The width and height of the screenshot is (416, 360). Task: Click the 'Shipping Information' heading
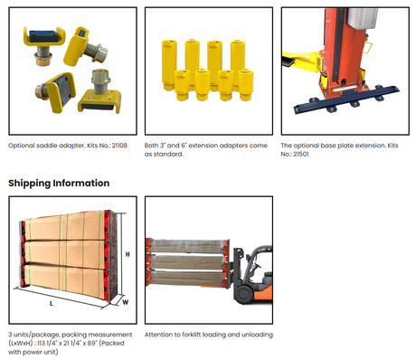tap(59, 183)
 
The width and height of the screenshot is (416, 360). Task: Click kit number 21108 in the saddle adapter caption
tap(119, 146)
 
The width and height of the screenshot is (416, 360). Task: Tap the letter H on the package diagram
tap(128, 254)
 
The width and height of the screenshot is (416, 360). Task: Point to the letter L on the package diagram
tap(52, 303)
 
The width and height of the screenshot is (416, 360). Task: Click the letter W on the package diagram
tap(126, 302)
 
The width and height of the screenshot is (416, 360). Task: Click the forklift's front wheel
tap(244, 294)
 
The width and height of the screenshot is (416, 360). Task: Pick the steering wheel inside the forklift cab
tap(257, 267)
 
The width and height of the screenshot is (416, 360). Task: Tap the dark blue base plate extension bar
tap(346, 100)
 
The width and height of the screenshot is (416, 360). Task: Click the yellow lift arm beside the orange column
tap(301, 62)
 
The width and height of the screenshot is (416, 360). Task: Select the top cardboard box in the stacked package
tap(65, 226)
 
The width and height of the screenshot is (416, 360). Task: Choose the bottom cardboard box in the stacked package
tap(65, 281)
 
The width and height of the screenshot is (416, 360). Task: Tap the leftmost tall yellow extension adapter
tap(169, 65)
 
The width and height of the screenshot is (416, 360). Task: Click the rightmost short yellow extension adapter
tap(246, 85)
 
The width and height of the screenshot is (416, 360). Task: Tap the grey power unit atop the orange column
tap(362, 17)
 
